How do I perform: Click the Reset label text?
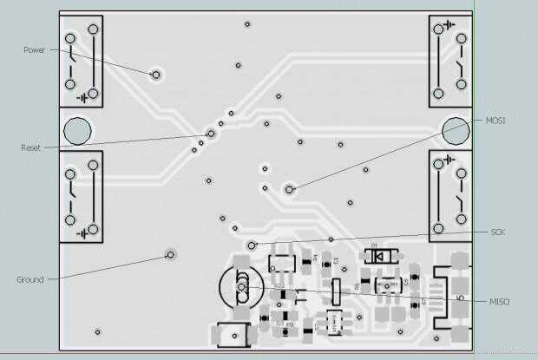click(x=30, y=148)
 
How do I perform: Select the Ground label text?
click(x=30, y=279)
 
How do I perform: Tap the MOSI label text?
click(x=495, y=121)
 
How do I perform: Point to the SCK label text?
click(x=497, y=232)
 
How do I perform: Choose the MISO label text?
click(x=499, y=301)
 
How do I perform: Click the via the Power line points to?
click(x=156, y=75)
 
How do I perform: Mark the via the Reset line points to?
click(x=212, y=134)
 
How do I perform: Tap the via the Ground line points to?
click(x=171, y=255)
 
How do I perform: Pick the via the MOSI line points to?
click(x=290, y=187)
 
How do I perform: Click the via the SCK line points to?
click(x=252, y=245)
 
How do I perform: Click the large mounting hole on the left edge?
click(x=77, y=131)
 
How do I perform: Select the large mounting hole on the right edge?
click(x=454, y=130)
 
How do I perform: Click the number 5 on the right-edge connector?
click(x=460, y=298)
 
